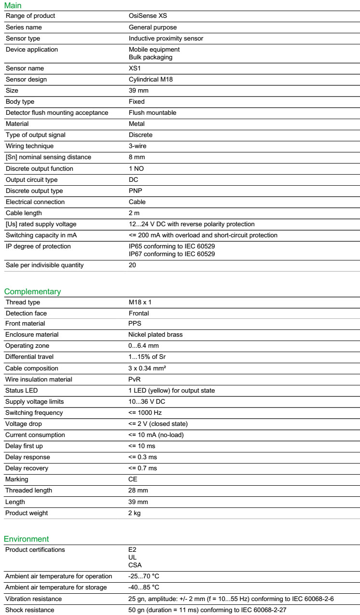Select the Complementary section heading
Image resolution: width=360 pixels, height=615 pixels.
point(32,292)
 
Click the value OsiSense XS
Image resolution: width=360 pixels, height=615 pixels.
point(148,16)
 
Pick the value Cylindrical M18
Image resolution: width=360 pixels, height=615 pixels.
point(151,80)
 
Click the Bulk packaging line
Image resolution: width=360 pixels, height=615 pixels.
point(151,57)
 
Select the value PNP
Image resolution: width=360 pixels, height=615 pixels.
point(136,191)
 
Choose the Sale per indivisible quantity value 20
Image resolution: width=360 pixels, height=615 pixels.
point(132,265)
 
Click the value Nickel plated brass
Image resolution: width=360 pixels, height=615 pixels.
point(155,335)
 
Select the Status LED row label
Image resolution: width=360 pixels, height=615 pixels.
point(22,390)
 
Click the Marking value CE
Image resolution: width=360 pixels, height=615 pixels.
point(133,479)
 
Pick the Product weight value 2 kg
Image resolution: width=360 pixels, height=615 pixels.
point(135,513)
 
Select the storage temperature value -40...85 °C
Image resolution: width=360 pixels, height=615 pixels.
point(144,588)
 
